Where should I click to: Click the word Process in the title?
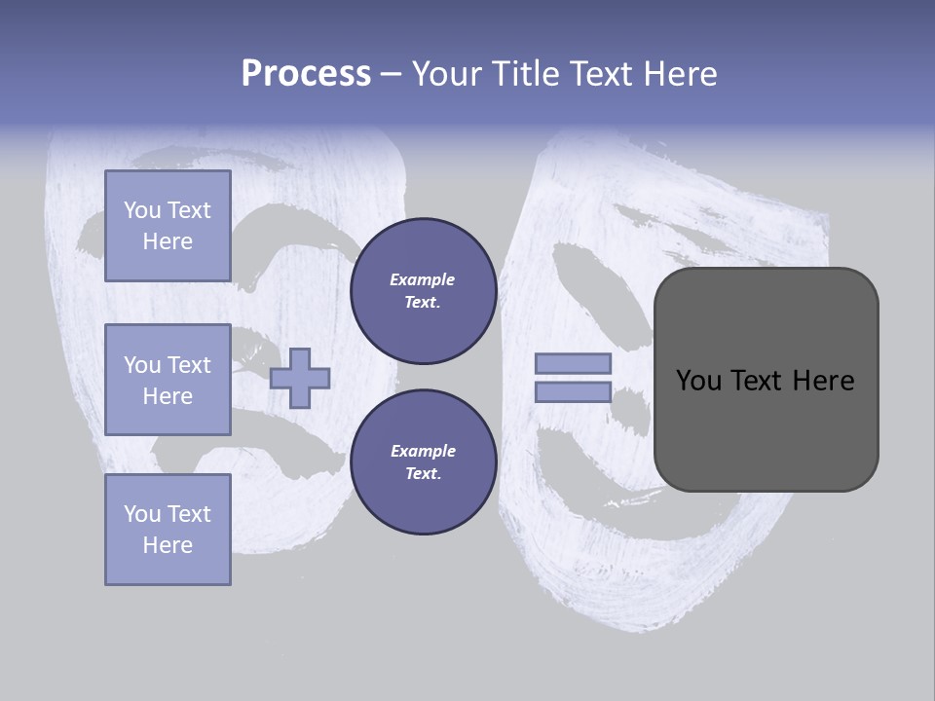coord(306,74)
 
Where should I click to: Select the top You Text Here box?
coord(168,226)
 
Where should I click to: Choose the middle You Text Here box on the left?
coord(168,380)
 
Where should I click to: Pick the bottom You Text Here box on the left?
coord(168,529)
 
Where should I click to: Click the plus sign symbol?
coord(300,379)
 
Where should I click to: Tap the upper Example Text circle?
coord(423,291)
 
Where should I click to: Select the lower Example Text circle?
coord(423,462)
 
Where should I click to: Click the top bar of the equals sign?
coord(574,363)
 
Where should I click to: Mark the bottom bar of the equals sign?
coord(574,392)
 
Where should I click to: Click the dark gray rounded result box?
coord(766,428)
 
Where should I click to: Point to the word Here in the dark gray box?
coord(823,381)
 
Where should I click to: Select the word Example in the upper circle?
coord(423,279)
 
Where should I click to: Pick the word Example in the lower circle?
coord(423,451)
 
